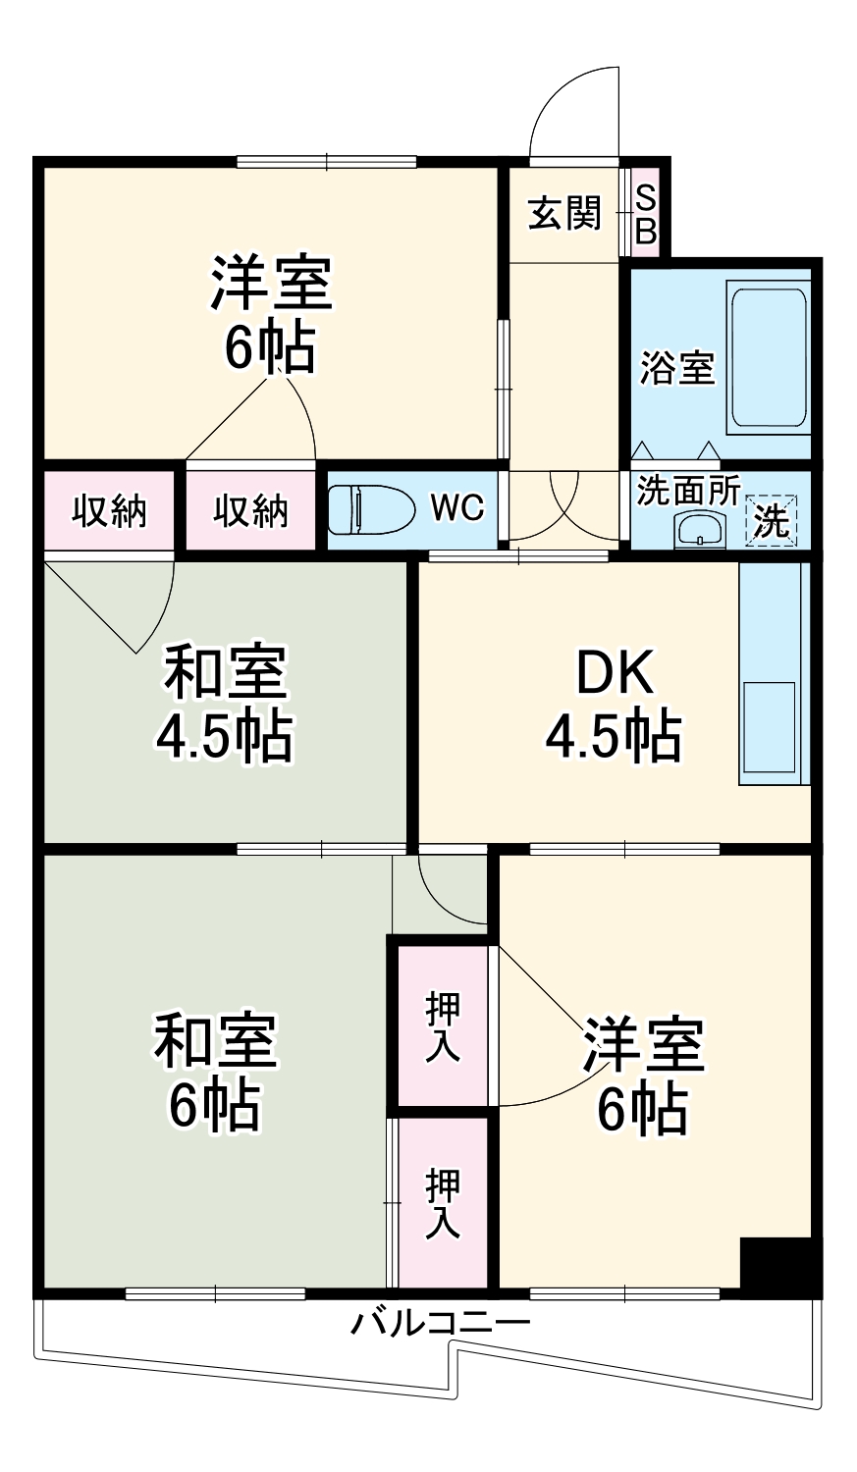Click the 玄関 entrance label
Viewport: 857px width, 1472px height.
click(564, 213)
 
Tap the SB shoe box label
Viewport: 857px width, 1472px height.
click(646, 214)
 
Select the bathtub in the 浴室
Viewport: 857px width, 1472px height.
click(768, 357)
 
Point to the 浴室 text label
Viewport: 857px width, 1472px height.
click(677, 368)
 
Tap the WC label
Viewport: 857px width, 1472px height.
click(457, 507)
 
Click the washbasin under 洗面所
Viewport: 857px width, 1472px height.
click(699, 530)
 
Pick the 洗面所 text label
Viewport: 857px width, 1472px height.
click(687, 491)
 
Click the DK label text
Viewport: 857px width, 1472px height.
click(614, 673)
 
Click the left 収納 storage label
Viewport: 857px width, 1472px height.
click(110, 510)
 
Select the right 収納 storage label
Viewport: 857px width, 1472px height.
click(251, 510)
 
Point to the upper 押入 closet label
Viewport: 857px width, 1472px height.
click(443, 1025)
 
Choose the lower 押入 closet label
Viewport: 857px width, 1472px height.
click(443, 1203)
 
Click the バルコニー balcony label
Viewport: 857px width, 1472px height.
click(441, 1323)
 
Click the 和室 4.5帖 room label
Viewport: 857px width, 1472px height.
click(225, 703)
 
